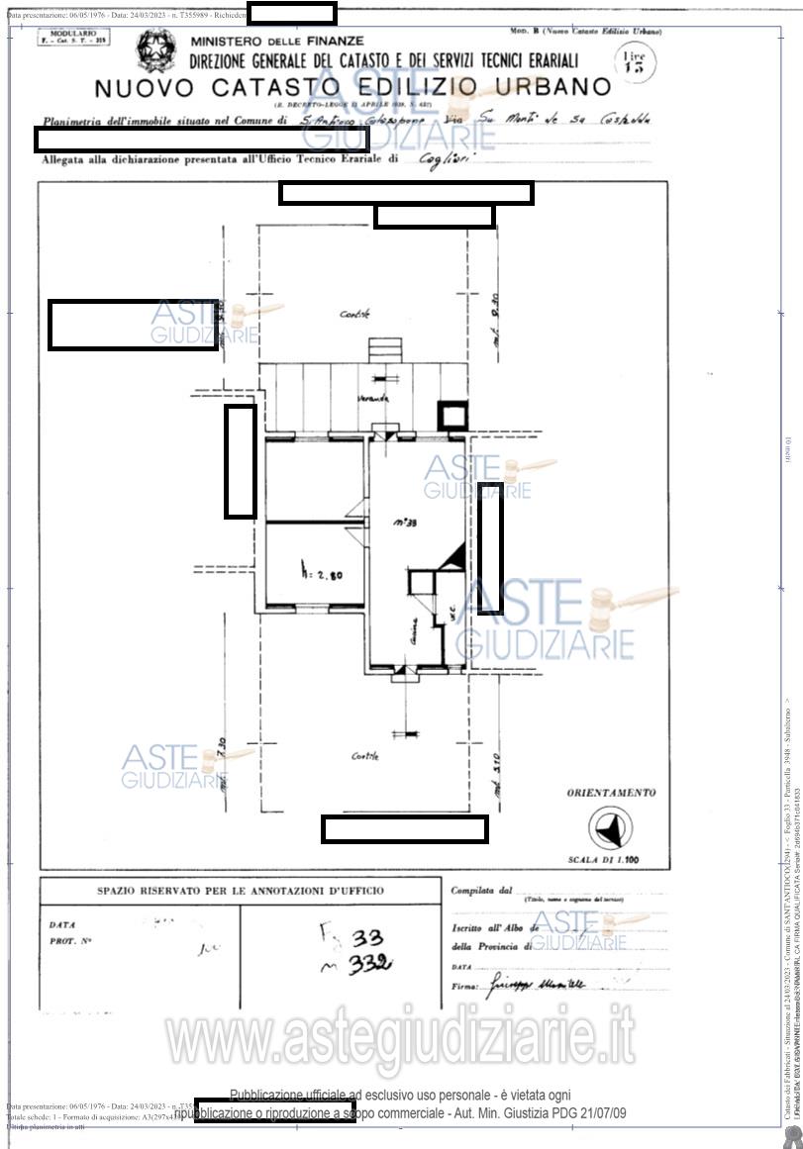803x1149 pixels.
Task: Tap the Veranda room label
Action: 373,398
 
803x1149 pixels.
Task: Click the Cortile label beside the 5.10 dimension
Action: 364,756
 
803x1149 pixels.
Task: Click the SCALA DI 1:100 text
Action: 611,860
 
